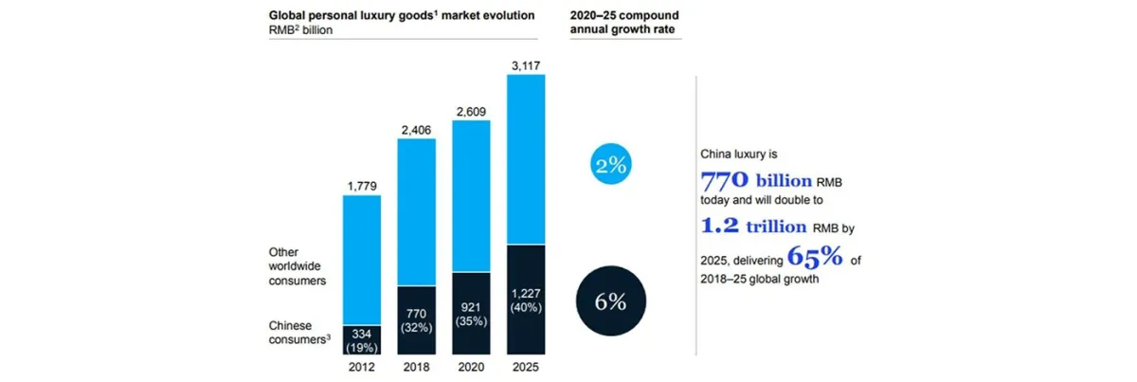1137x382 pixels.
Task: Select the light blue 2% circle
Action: pyautogui.click(x=611, y=165)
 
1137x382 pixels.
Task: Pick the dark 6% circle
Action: pyautogui.click(x=611, y=302)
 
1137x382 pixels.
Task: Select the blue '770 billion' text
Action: pyautogui.click(x=756, y=179)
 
